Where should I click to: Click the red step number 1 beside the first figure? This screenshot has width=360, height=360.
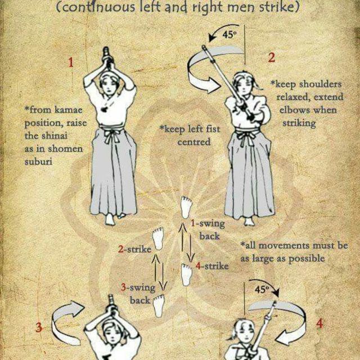click(x=71, y=62)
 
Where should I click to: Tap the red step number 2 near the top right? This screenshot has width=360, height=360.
click(x=271, y=57)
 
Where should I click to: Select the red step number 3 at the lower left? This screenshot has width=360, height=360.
click(x=39, y=327)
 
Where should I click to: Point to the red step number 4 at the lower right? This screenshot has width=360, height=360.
click(x=320, y=324)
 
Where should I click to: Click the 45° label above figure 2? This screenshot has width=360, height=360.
click(x=229, y=35)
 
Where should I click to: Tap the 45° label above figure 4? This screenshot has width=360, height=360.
click(x=262, y=290)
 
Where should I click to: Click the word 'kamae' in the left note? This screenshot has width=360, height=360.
click(x=68, y=110)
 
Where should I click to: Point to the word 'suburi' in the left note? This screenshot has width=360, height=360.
click(x=38, y=162)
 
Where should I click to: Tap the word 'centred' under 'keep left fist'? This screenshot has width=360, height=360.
click(x=194, y=142)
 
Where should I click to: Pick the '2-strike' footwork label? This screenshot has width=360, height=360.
click(x=135, y=249)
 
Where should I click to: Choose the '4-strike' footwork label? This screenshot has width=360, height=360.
click(x=212, y=266)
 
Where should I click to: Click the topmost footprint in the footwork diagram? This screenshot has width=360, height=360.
click(x=186, y=208)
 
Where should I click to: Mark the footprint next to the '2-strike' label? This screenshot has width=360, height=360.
click(x=158, y=238)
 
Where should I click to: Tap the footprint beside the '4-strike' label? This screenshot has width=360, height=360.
click(x=186, y=275)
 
